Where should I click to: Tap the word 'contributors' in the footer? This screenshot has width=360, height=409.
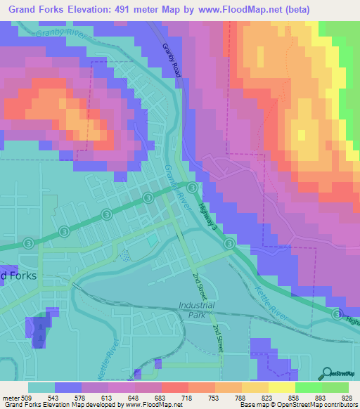[x=340, y=405]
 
